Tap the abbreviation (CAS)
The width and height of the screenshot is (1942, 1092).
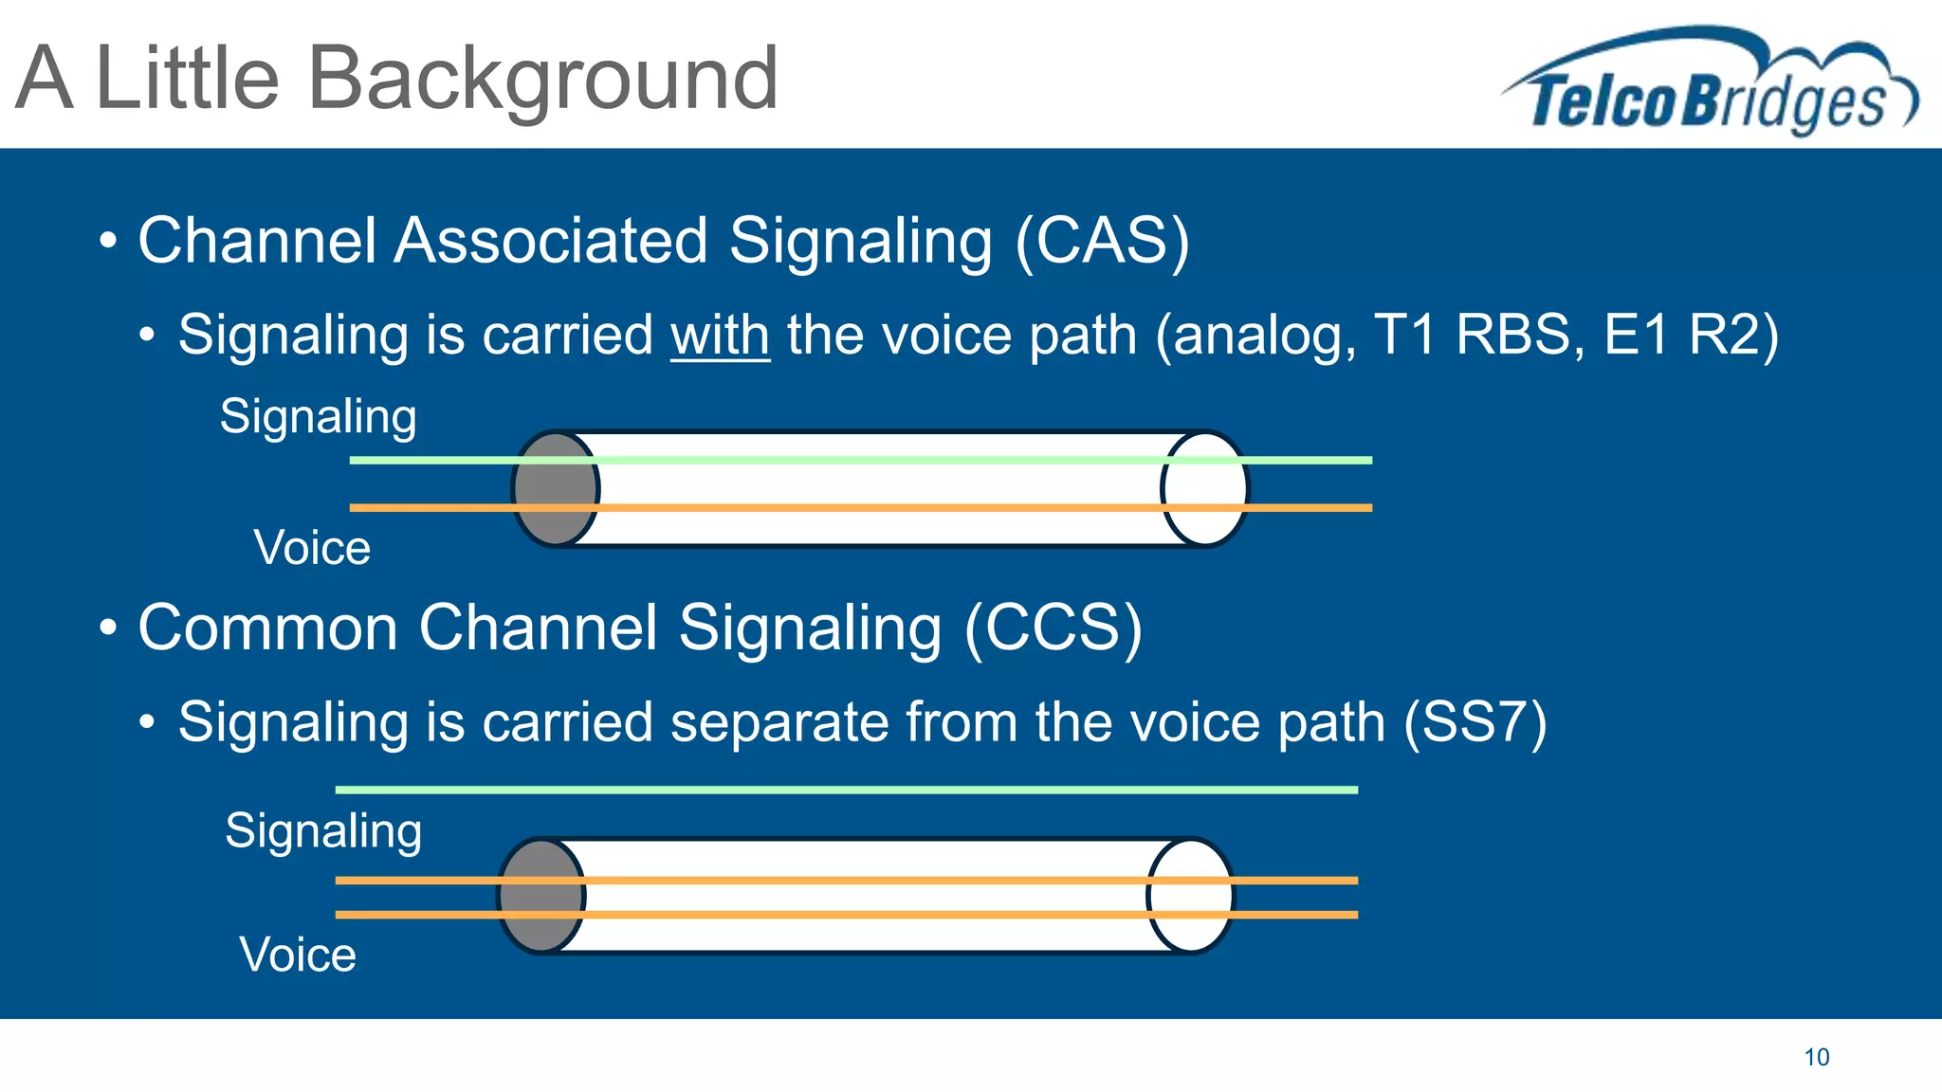coord(1102,241)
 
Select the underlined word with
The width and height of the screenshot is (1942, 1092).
coord(720,336)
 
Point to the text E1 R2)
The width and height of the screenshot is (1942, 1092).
coord(1691,336)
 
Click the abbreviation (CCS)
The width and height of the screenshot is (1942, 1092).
coord(1053,628)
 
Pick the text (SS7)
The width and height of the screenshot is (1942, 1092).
coord(1475,722)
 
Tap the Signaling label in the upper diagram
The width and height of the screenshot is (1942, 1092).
coord(318,417)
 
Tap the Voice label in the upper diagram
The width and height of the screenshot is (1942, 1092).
coord(312,548)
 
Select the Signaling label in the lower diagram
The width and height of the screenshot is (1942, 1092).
coord(323,831)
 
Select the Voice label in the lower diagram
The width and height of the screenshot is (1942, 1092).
coord(298,955)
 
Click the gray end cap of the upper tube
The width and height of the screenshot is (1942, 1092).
coord(555,489)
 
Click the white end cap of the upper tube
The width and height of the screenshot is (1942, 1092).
coord(1204,489)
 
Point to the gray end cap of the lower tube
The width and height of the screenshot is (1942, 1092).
coord(540,896)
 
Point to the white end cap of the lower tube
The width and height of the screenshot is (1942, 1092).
coord(1190,896)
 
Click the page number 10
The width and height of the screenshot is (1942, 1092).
coord(1816,1058)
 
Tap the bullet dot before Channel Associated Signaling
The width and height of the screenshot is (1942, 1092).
coord(108,241)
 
